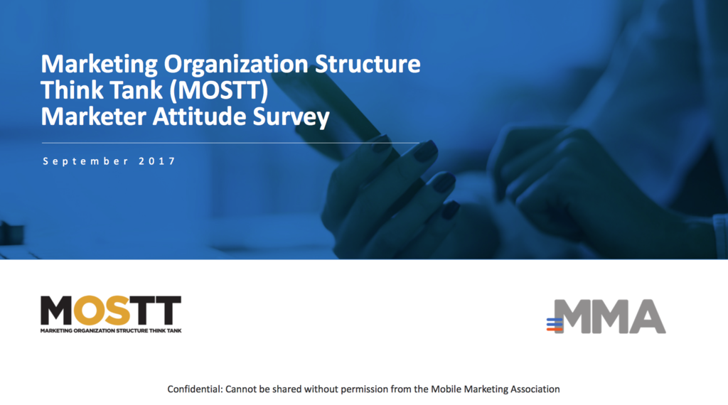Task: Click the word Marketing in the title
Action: (99, 65)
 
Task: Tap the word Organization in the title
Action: (236, 65)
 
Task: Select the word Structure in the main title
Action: (368, 63)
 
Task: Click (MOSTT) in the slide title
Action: (219, 90)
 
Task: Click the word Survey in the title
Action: (291, 118)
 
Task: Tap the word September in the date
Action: (85, 161)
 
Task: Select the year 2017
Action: (157, 161)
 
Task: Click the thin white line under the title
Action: (230, 143)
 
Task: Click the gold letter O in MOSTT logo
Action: (88, 310)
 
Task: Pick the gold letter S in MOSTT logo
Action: (117, 310)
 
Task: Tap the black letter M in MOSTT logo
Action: (56, 310)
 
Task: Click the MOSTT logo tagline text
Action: (111, 331)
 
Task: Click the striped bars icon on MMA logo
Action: (555, 325)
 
